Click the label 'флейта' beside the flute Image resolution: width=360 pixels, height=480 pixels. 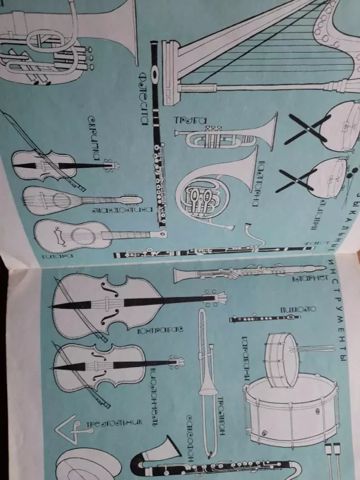[x=145, y=99]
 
